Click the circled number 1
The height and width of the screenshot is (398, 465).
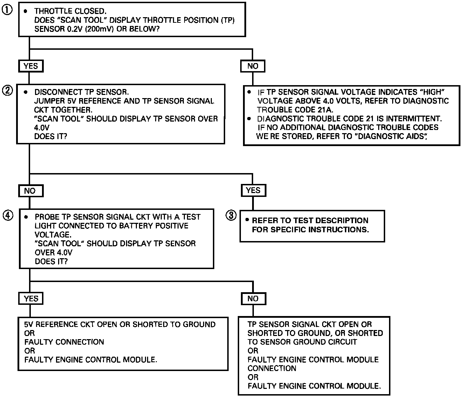(x=7, y=10)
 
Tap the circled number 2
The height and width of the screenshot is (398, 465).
(x=7, y=91)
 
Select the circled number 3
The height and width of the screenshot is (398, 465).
(x=231, y=215)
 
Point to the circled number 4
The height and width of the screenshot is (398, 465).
(x=8, y=215)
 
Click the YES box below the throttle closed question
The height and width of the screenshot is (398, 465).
(x=31, y=66)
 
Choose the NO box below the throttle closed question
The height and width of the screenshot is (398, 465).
(x=252, y=66)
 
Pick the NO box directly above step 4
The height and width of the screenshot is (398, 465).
(x=30, y=191)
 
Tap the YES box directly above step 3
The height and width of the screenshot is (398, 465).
(x=253, y=191)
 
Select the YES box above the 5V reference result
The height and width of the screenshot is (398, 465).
(x=31, y=298)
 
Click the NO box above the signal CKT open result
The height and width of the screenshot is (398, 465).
(x=253, y=298)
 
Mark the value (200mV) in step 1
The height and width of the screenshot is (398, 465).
(x=99, y=29)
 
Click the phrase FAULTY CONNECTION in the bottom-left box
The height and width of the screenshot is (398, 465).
(x=64, y=342)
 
